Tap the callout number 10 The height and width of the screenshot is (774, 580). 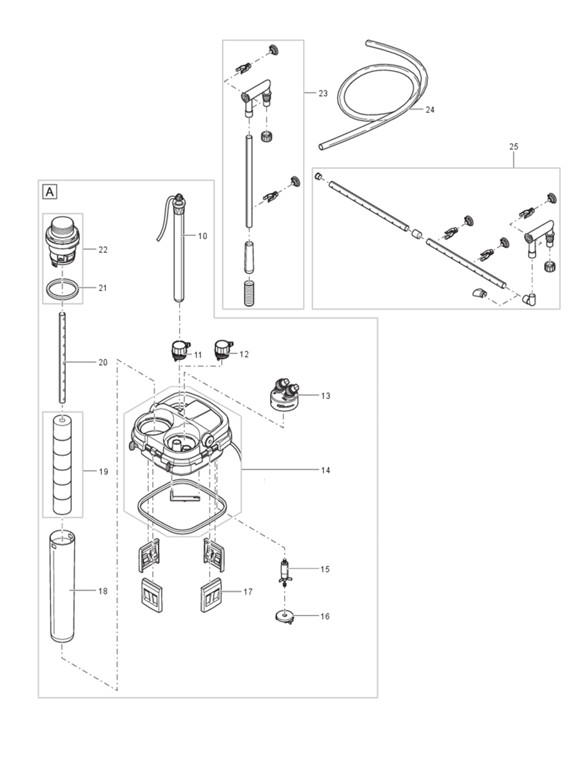tap(202, 236)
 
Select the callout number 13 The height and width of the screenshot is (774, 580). tap(325, 395)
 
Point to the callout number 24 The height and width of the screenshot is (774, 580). tap(430, 110)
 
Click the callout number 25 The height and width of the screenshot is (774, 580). tap(514, 147)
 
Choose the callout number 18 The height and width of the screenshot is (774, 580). tap(104, 591)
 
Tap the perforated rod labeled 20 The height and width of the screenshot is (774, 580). tap(63, 357)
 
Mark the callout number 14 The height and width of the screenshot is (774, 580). tap(325, 471)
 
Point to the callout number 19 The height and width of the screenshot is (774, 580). tap(104, 472)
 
